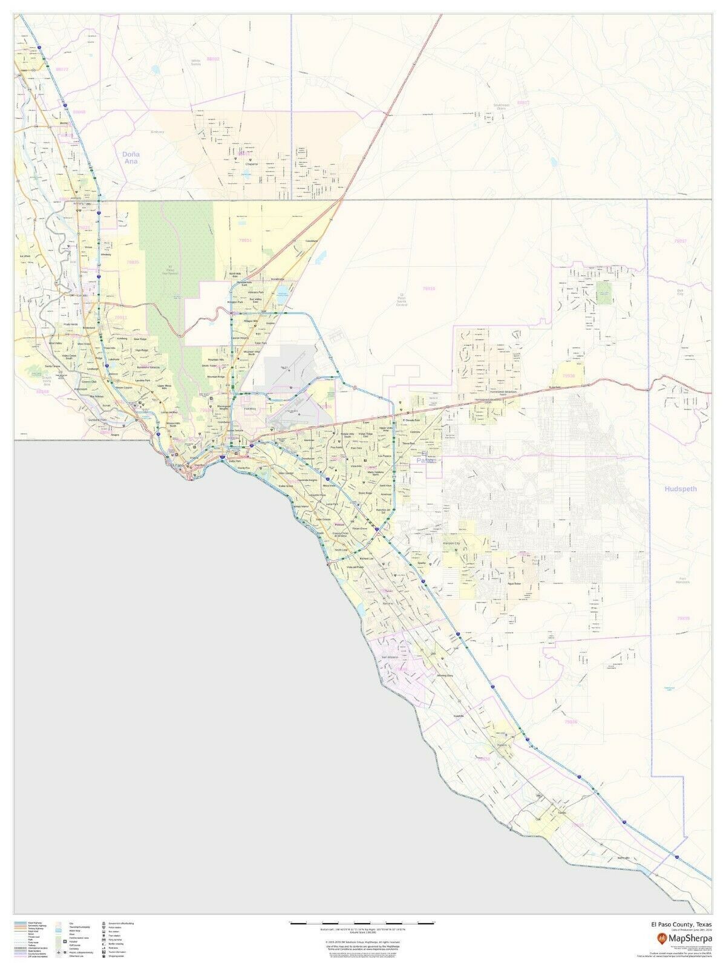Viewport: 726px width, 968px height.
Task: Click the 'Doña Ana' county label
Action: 131,158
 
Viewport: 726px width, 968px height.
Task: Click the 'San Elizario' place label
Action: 391,656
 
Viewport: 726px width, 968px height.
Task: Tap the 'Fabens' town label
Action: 501,745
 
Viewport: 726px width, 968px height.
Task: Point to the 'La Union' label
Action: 25,257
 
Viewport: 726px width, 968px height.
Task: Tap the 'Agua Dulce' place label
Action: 514,584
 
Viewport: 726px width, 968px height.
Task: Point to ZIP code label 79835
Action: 132,262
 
